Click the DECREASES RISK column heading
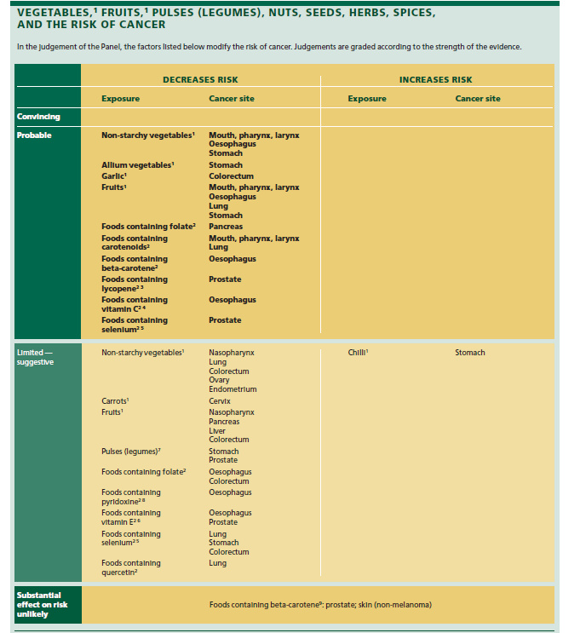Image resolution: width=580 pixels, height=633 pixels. click(x=199, y=80)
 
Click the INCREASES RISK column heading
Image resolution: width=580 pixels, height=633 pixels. click(x=435, y=80)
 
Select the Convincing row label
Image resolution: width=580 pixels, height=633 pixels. click(x=38, y=116)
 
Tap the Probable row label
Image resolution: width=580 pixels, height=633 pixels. click(x=34, y=135)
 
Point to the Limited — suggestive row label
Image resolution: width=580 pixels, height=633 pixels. click(x=35, y=357)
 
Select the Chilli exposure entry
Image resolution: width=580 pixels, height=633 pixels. click(x=358, y=352)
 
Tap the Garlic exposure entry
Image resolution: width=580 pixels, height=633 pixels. click(x=115, y=176)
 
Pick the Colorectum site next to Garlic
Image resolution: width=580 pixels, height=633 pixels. click(x=230, y=176)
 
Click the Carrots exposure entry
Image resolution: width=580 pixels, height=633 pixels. click(x=115, y=401)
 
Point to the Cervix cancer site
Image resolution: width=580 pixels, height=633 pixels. click(x=220, y=401)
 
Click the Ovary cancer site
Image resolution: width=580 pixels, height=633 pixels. click(x=219, y=380)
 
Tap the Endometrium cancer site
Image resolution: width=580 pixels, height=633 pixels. click(x=233, y=389)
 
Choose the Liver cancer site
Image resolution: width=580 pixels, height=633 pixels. click(x=217, y=430)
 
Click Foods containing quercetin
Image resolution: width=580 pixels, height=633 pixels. click(x=130, y=567)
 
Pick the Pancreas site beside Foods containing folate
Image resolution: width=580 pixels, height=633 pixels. click(x=226, y=227)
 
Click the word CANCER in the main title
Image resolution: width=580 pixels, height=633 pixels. click(x=144, y=25)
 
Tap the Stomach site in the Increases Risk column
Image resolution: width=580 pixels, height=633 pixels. click(x=470, y=352)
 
